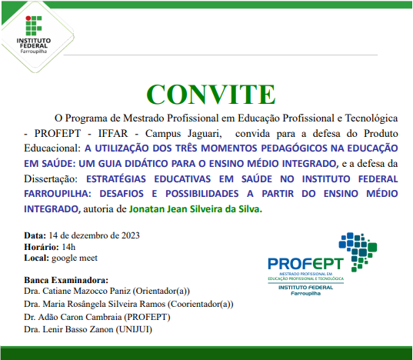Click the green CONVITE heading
coord(205,93)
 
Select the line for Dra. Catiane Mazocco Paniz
coord(105,292)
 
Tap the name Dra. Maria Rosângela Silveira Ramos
coord(128,304)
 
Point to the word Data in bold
coord(35,235)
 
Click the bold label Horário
coord(41,246)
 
